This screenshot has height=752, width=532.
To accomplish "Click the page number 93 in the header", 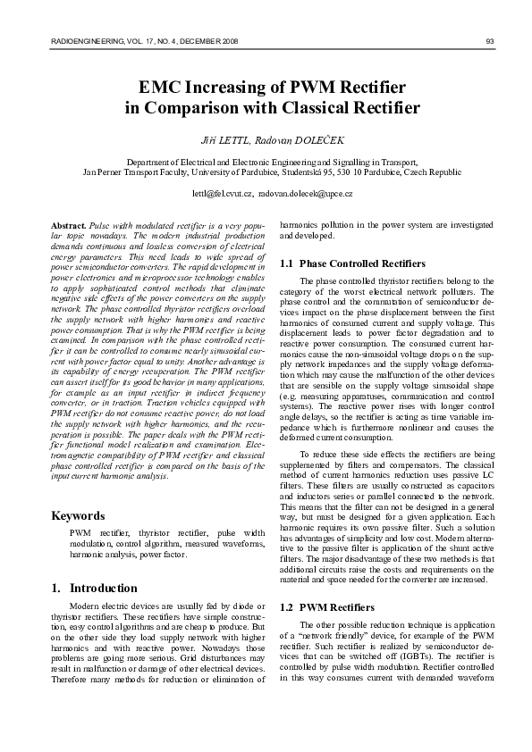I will [490, 41].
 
